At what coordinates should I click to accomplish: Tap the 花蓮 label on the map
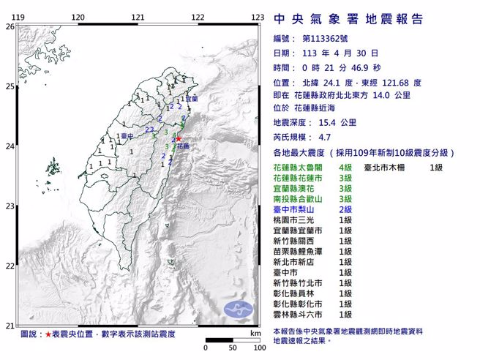point(183,146)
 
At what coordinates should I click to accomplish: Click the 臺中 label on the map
point(128,137)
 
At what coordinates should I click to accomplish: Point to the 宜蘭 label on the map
point(191,98)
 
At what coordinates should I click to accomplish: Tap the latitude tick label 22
point(10,266)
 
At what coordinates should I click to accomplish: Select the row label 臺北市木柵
point(387,168)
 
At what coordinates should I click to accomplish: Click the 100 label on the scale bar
point(258,348)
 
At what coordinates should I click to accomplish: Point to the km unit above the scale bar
point(254,332)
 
